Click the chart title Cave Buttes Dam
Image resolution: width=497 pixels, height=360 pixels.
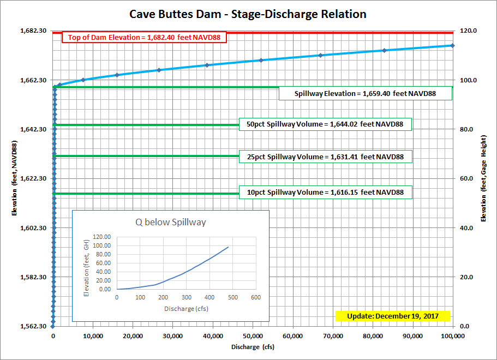pyautogui.click(x=248, y=14)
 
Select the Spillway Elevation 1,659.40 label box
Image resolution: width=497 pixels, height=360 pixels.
pyautogui.click(x=366, y=94)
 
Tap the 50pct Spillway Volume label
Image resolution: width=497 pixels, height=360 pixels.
pyautogui.click(x=325, y=124)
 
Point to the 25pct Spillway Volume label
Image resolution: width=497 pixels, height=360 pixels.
pyautogui.click(x=325, y=157)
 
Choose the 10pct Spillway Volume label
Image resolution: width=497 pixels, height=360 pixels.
pyautogui.click(x=325, y=193)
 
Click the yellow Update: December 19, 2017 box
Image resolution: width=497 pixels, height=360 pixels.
pyautogui.click(x=393, y=316)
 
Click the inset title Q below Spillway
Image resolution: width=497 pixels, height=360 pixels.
pyautogui.click(x=171, y=223)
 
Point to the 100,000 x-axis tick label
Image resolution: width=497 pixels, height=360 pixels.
pyautogui.click(x=452, y=337)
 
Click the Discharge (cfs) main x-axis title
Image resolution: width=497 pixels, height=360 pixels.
pyautogui.click(x=252, y=347)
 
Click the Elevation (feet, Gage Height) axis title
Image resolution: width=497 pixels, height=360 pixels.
pyautogui.click(x=483, y=179)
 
